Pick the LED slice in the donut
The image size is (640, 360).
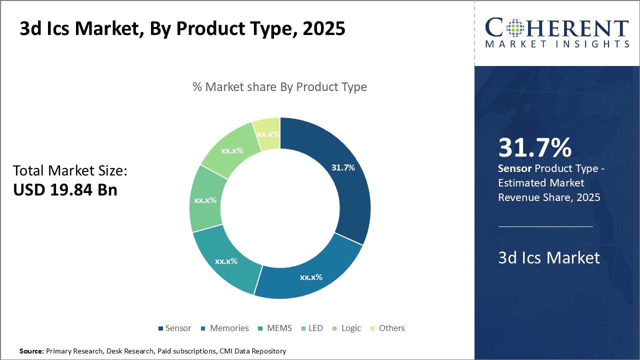(x=205, y=200)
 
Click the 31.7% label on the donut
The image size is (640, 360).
(x=343, y=167)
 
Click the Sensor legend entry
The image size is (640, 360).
(x=174, y=328)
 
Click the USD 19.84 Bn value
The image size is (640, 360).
(x=65, y=189)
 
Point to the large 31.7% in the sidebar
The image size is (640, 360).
(x=534, y=147)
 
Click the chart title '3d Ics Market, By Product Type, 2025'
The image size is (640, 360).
(x=182, y=28)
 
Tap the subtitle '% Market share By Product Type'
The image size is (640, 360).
(x=279, y=87)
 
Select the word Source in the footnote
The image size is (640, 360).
(x=31, y=351)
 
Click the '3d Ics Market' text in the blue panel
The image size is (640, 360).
(x=549, y=257)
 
